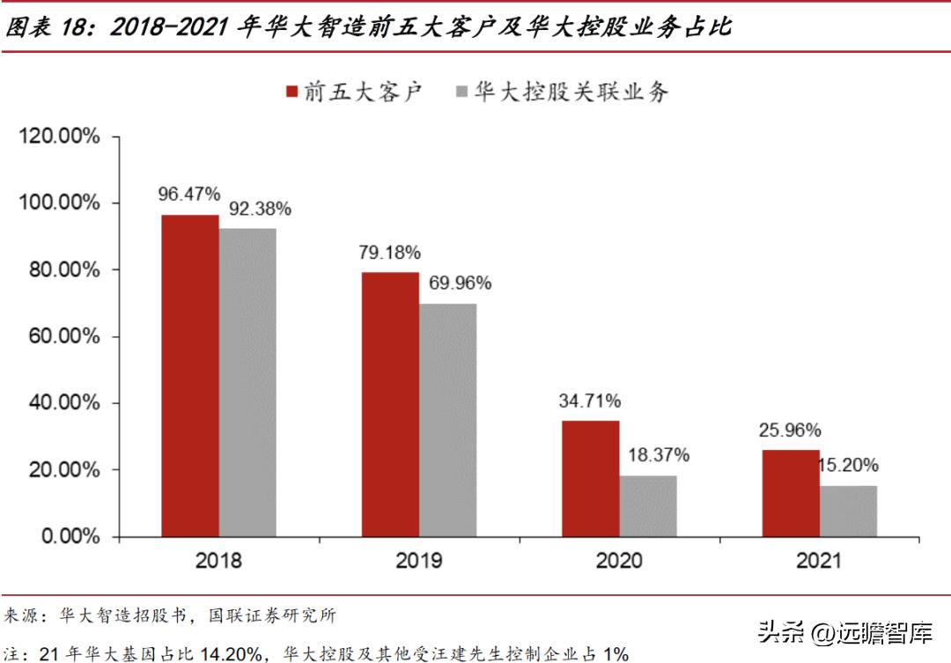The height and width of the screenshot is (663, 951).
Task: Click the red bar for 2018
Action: coord(189,376)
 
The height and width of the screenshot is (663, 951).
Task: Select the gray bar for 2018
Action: coord(247,382)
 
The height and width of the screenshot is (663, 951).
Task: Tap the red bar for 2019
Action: coord(390,404)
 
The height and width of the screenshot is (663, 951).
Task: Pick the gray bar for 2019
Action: coord(447,420)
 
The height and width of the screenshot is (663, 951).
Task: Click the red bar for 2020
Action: coord(590,479)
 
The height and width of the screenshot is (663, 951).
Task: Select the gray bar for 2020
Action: coord(648,506)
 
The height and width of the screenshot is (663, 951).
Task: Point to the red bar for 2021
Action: coord(790,493)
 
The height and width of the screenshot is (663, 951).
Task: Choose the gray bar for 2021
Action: coord(848,511)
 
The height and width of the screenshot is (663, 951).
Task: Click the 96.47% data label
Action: coord(189,194)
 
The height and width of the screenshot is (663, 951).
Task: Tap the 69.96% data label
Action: coord(460,283)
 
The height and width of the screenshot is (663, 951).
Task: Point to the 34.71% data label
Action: coord(590,401)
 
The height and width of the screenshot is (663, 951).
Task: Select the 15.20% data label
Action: coord(847,466)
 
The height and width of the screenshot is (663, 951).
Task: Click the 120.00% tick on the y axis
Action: coord(59,136)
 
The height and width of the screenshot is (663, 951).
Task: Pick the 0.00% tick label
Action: coord(69,536)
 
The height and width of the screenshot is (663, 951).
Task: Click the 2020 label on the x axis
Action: coord(619,560)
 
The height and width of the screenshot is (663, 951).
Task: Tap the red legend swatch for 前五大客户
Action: coord(291,92)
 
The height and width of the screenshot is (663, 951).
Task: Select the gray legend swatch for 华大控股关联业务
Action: coord(461,92)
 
